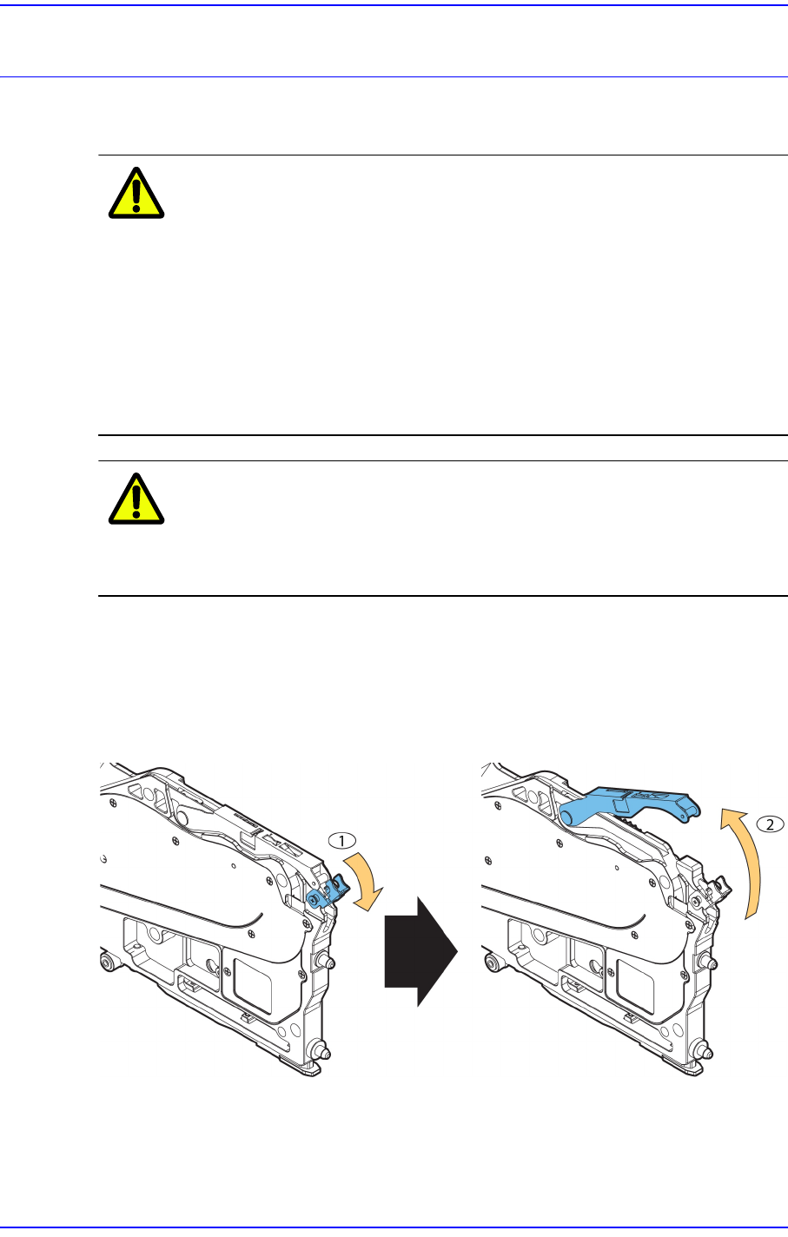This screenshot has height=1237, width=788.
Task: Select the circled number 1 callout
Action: (342, 841)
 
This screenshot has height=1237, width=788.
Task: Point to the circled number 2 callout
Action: (770, 824)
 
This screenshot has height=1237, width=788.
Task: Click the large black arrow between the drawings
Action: (420, 951)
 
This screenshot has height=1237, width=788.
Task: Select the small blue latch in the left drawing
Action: (328, 894)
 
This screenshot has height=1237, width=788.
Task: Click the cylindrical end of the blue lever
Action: (571, 815)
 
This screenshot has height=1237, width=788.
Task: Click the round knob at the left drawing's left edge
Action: (109, 962)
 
